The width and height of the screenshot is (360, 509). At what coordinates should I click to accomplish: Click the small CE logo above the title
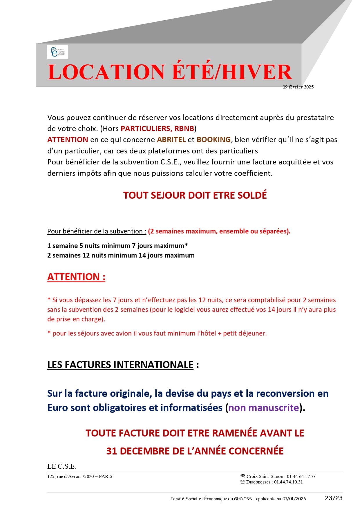pyautogui.click(x=57, y=52)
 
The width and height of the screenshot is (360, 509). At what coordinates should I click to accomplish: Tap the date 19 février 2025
pyautogui.click(x=298, y=87)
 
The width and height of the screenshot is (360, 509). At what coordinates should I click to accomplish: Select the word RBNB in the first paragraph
pyautogui.click(x=184, y=128)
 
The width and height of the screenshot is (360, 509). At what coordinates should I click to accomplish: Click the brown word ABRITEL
pyautogui.click(x=171, y=140)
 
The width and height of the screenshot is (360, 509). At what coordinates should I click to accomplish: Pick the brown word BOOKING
pyautogui.click(x=214, y=140)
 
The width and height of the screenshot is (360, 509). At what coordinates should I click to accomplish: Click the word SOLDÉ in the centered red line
pyautogui.click(x=252, y=195)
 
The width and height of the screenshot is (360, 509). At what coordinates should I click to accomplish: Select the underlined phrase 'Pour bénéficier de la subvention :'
pyautogui.click(x=97, y=231)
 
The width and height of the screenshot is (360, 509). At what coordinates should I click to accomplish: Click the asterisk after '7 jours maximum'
pyautogui.click(x=186, y=245)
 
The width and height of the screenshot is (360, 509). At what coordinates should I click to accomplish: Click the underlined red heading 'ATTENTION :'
pyautogui.click(x=76, y=277)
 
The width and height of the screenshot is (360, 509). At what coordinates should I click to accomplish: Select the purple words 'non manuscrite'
pyautogui.click(x=263, y=407)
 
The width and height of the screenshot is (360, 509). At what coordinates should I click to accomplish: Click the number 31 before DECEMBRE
pyautogui.click(x=111, y=451)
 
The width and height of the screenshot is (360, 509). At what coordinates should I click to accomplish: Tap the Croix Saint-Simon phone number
pyautogui.click(x=301, y=476)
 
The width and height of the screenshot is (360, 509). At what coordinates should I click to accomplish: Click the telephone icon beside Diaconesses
pyautogui.click(x=243, y=482)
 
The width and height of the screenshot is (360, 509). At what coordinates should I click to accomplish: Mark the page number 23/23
pyautogui.click(x=334, y=498)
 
